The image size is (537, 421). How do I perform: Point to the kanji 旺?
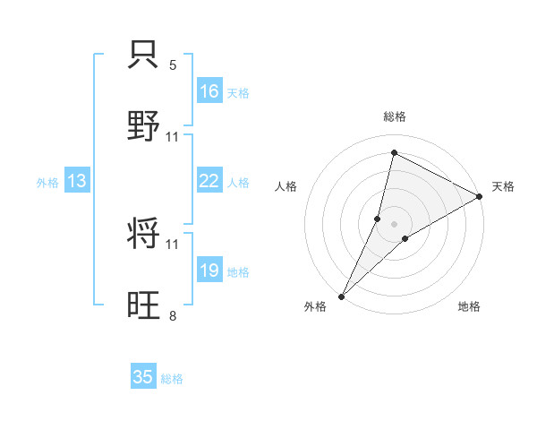coord(145,305)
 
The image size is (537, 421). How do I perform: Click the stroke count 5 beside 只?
coord(173,65)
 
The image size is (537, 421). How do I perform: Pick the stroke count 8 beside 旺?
coord(173,315)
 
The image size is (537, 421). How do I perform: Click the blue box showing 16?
coord(209,91)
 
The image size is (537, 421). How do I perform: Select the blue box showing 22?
coord(209,181)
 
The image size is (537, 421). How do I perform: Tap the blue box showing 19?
coord(209,271)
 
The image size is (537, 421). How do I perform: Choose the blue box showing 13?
coord(77,182)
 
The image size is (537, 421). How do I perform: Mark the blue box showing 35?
coord(143,377)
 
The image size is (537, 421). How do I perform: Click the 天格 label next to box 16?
coord(238,93)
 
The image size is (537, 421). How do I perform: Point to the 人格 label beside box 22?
coord(238,183)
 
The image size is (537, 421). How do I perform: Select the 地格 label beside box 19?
coord(238,272)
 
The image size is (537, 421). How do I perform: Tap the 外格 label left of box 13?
coord(47,183)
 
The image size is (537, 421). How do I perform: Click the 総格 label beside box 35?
coord(172,379)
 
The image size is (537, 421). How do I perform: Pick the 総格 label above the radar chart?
coord(394,116)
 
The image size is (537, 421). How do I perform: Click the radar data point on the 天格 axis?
coord(481,197)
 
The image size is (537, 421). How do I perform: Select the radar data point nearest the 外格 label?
coord(341,296)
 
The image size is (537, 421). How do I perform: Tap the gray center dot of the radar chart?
coord(394,223)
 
